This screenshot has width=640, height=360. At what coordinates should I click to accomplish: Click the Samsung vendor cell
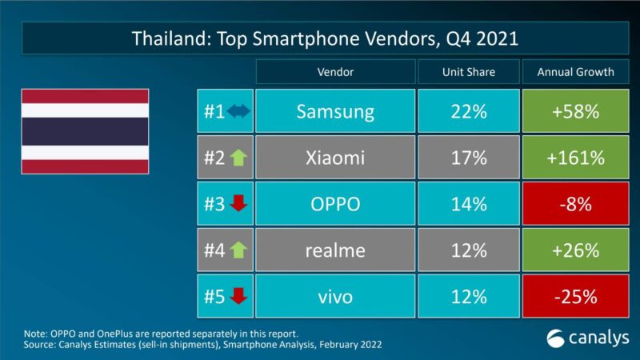tap(335, 111)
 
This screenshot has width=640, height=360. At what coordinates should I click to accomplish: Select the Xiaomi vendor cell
tap(335, 158)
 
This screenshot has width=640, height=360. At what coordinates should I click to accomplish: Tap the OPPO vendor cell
tap(335, 204)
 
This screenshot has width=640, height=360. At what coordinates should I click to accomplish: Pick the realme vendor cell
tap(335, 250)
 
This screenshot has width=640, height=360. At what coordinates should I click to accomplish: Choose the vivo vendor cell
tap(335, 297)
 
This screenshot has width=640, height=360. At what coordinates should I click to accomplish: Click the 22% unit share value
tap(468, 111)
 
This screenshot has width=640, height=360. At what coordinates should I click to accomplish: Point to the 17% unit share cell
tap(468, 158)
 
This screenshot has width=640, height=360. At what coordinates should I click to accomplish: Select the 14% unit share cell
tap(468, 204)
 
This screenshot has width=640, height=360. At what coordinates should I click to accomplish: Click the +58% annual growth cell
tap(576, 111)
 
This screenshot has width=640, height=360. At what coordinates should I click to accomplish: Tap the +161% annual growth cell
tap(576, 158)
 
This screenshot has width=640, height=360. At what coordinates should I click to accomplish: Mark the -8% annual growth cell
tap(576, 204)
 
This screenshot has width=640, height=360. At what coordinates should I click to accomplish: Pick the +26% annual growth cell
tap(576, 250)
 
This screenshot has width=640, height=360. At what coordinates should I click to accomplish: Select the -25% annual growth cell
tap(576, 297)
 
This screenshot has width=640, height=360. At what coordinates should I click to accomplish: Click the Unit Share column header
tap(468, 72)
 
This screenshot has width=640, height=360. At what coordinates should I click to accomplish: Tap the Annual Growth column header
tap(576, 72)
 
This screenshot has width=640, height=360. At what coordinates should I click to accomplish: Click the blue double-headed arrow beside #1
tap(238, 112)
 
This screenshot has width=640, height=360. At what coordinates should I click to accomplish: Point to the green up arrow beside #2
tap(238, 158)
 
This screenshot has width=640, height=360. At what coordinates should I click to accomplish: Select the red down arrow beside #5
tap(238, 298)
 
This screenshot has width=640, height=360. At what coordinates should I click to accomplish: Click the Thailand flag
tap(84, 132)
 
